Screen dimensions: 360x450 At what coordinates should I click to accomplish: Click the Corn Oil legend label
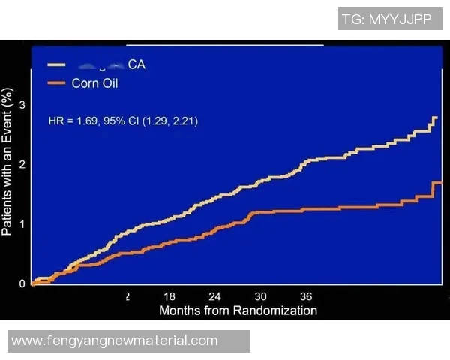tap(94, 83)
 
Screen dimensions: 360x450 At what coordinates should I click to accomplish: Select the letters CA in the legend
tap(136, 65)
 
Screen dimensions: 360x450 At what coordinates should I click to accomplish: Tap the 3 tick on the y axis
tap(22, 104)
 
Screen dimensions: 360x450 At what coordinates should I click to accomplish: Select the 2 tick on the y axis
tap(22, 164)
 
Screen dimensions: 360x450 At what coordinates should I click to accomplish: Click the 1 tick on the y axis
tap(22, 223)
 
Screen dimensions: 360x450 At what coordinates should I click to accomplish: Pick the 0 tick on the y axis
tap(22, 283)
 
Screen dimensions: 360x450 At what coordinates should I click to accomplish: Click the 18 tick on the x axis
tap(169, 296)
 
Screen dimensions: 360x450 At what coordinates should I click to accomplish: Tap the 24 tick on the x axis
tap(215, 296)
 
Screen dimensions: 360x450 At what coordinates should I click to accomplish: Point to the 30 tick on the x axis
tap(260, 296)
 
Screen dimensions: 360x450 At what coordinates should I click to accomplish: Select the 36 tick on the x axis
tap(306, 296)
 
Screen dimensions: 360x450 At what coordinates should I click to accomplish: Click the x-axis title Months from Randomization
tap(238, 310)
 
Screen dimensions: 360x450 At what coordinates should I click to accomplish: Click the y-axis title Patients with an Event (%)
tap(8, 162)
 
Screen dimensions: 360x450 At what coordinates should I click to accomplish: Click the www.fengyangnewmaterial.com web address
tap(115, 341)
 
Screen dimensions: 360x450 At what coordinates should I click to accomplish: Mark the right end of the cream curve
tap(436, 118)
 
